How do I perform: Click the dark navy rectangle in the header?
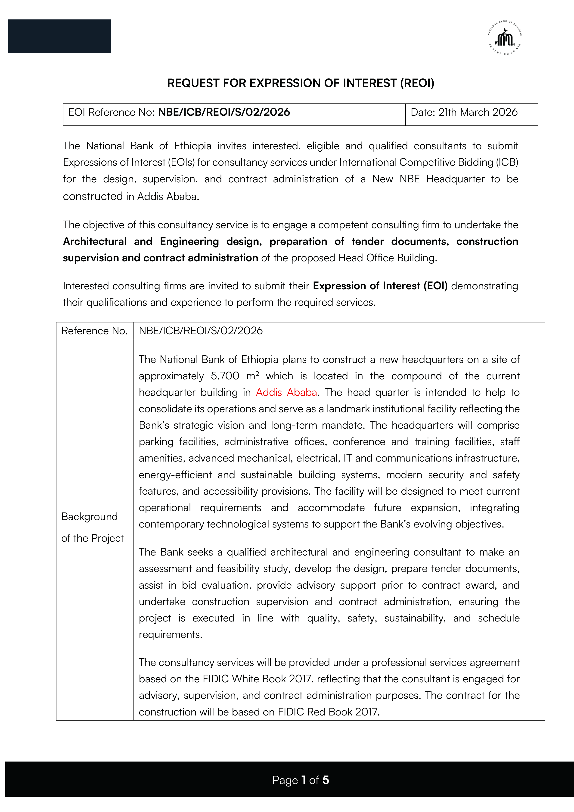pos(59,36)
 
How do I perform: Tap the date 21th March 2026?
pos(478,112)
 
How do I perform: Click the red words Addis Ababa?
pos(286,392)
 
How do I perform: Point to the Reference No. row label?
pos(94,331)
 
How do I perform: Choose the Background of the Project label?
pos(92,527)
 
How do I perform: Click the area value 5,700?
pos(225,376)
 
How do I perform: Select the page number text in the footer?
pos(301,780)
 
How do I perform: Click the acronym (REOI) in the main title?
pos(417,83)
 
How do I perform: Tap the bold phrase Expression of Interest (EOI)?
pos(380,286)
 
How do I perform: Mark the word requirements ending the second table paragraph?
pos(170,634)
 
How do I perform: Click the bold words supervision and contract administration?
pos(161,258)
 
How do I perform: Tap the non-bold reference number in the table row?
pos(201,331)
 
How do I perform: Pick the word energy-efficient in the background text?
pos(175,475)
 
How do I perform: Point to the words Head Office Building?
pos(387,258)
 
